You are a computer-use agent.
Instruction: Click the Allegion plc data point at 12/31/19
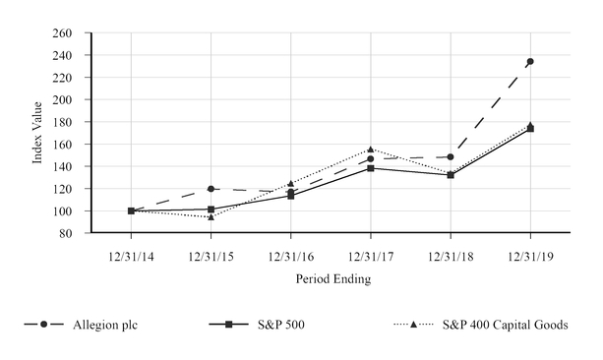click(x=530, y=62)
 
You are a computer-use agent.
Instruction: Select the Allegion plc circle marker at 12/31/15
click(x=211, y=189)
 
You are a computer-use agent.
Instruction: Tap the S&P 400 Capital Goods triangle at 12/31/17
click(x=371, y=150)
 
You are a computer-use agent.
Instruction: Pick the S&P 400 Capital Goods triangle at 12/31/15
click(x=211, y=216)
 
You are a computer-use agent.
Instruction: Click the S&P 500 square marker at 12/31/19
click(x=530, y=129)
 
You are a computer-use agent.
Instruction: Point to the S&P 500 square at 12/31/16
click(x=290, y=196)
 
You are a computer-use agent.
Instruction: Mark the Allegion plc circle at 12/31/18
click(x=451, y=157)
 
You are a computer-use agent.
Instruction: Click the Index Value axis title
click(x=37, y=134)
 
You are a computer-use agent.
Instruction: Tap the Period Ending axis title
click(x=331, y=279)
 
